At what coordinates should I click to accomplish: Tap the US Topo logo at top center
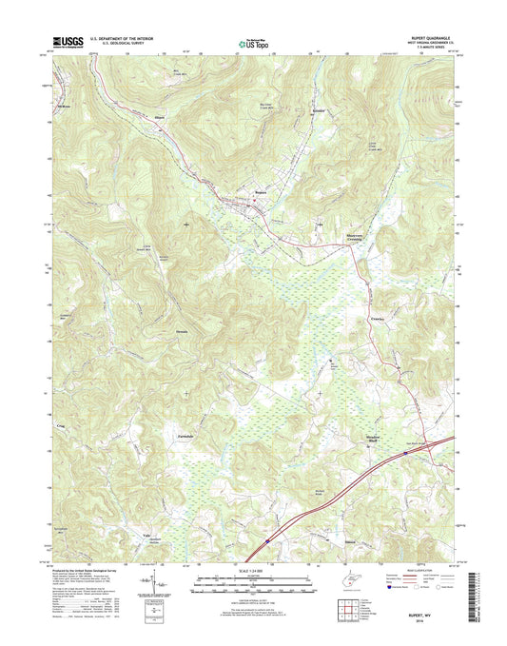[249, 42]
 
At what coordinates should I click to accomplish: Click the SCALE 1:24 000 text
[244, 574]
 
